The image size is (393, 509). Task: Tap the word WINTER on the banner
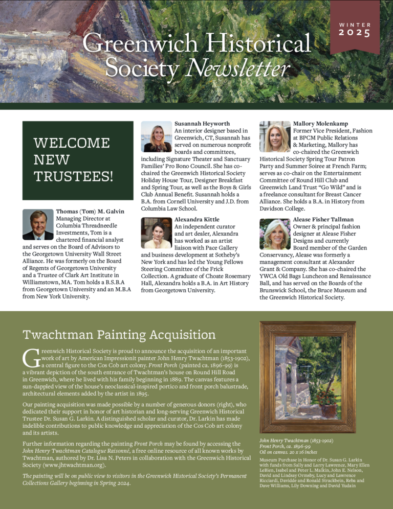coord(355,24)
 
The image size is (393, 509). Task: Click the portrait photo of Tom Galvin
coord(38,224)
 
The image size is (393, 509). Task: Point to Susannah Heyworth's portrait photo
coord(156,136)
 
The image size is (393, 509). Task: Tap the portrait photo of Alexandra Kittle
coord(156,233)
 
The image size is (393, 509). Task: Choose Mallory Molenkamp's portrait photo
coord(275,136)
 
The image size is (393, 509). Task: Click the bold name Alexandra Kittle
coord(197,219)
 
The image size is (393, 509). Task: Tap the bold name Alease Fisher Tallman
coord(323,219)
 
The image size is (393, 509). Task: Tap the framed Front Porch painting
coord(307,377)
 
